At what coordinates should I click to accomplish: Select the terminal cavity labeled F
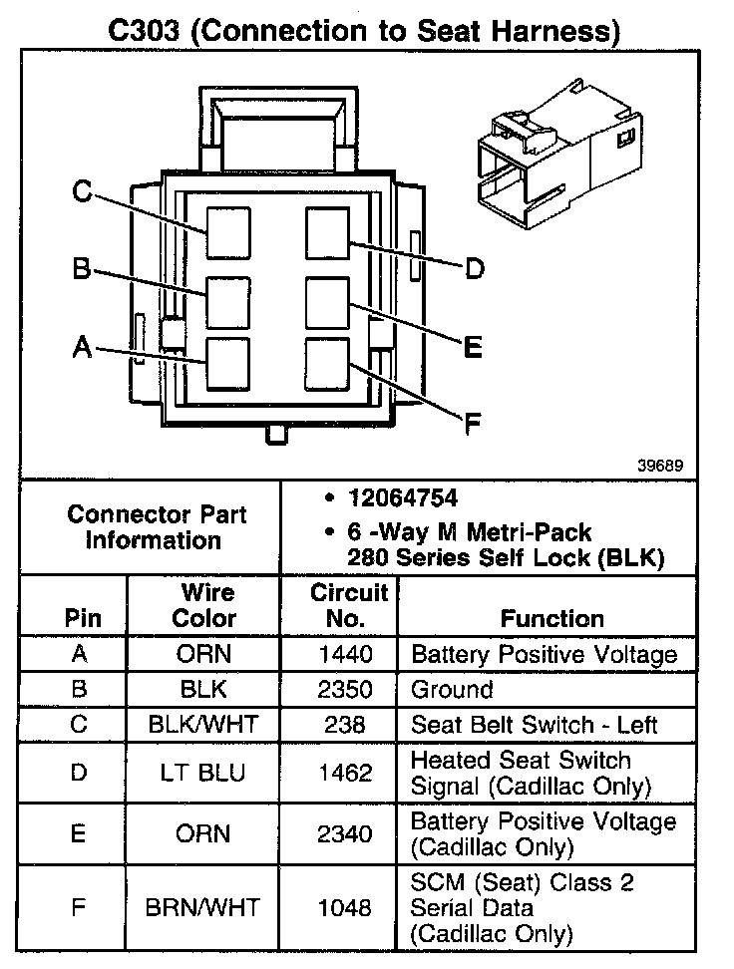click(327, 363)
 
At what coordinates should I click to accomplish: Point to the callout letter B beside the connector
click(82, 269)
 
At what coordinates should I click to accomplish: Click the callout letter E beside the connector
click(473, 346)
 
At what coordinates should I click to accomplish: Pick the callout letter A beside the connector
click(82, 347)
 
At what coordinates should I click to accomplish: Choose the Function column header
click(552, 618)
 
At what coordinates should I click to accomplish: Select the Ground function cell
click(452, 690)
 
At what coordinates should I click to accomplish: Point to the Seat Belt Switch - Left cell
click(535, 725)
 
